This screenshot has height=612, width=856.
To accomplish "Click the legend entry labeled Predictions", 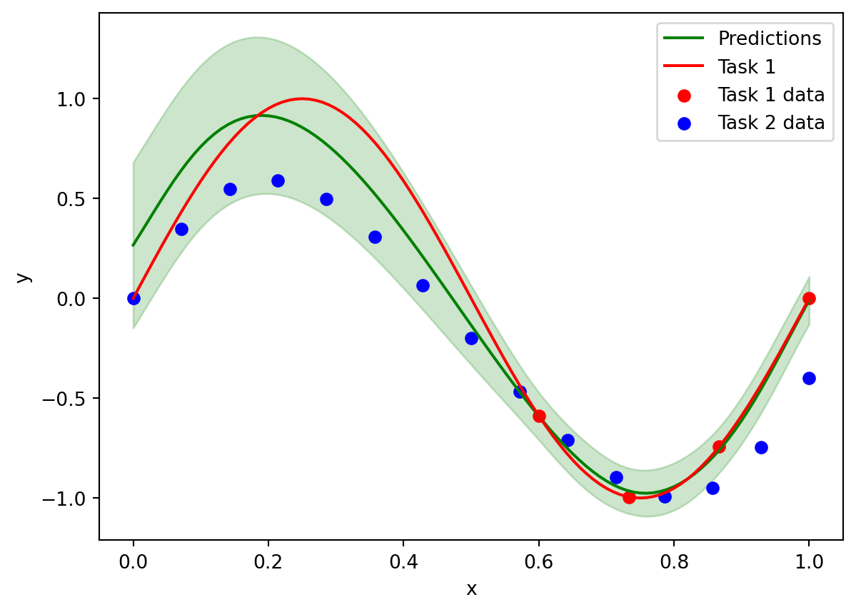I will (769, 37).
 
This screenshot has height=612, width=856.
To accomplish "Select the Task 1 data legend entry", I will (771, 94).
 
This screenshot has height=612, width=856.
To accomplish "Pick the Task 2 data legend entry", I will (771, 123).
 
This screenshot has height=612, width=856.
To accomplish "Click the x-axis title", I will (471, 588).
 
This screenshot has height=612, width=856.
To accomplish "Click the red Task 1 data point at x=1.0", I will (809, 298).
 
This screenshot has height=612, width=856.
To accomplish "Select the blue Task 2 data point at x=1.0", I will (809, 378).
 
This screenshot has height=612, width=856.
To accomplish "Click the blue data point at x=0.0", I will (134, 298).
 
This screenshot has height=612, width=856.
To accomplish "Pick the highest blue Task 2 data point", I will (278, 180).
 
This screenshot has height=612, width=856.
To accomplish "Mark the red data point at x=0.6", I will (539, 416).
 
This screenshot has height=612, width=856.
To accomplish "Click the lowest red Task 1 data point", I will (629, 497).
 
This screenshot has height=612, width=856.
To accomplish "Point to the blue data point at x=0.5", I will (471, 338).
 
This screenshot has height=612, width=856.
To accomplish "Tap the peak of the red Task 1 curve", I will (302, 98).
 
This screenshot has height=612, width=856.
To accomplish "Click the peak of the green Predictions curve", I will (261, 116).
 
